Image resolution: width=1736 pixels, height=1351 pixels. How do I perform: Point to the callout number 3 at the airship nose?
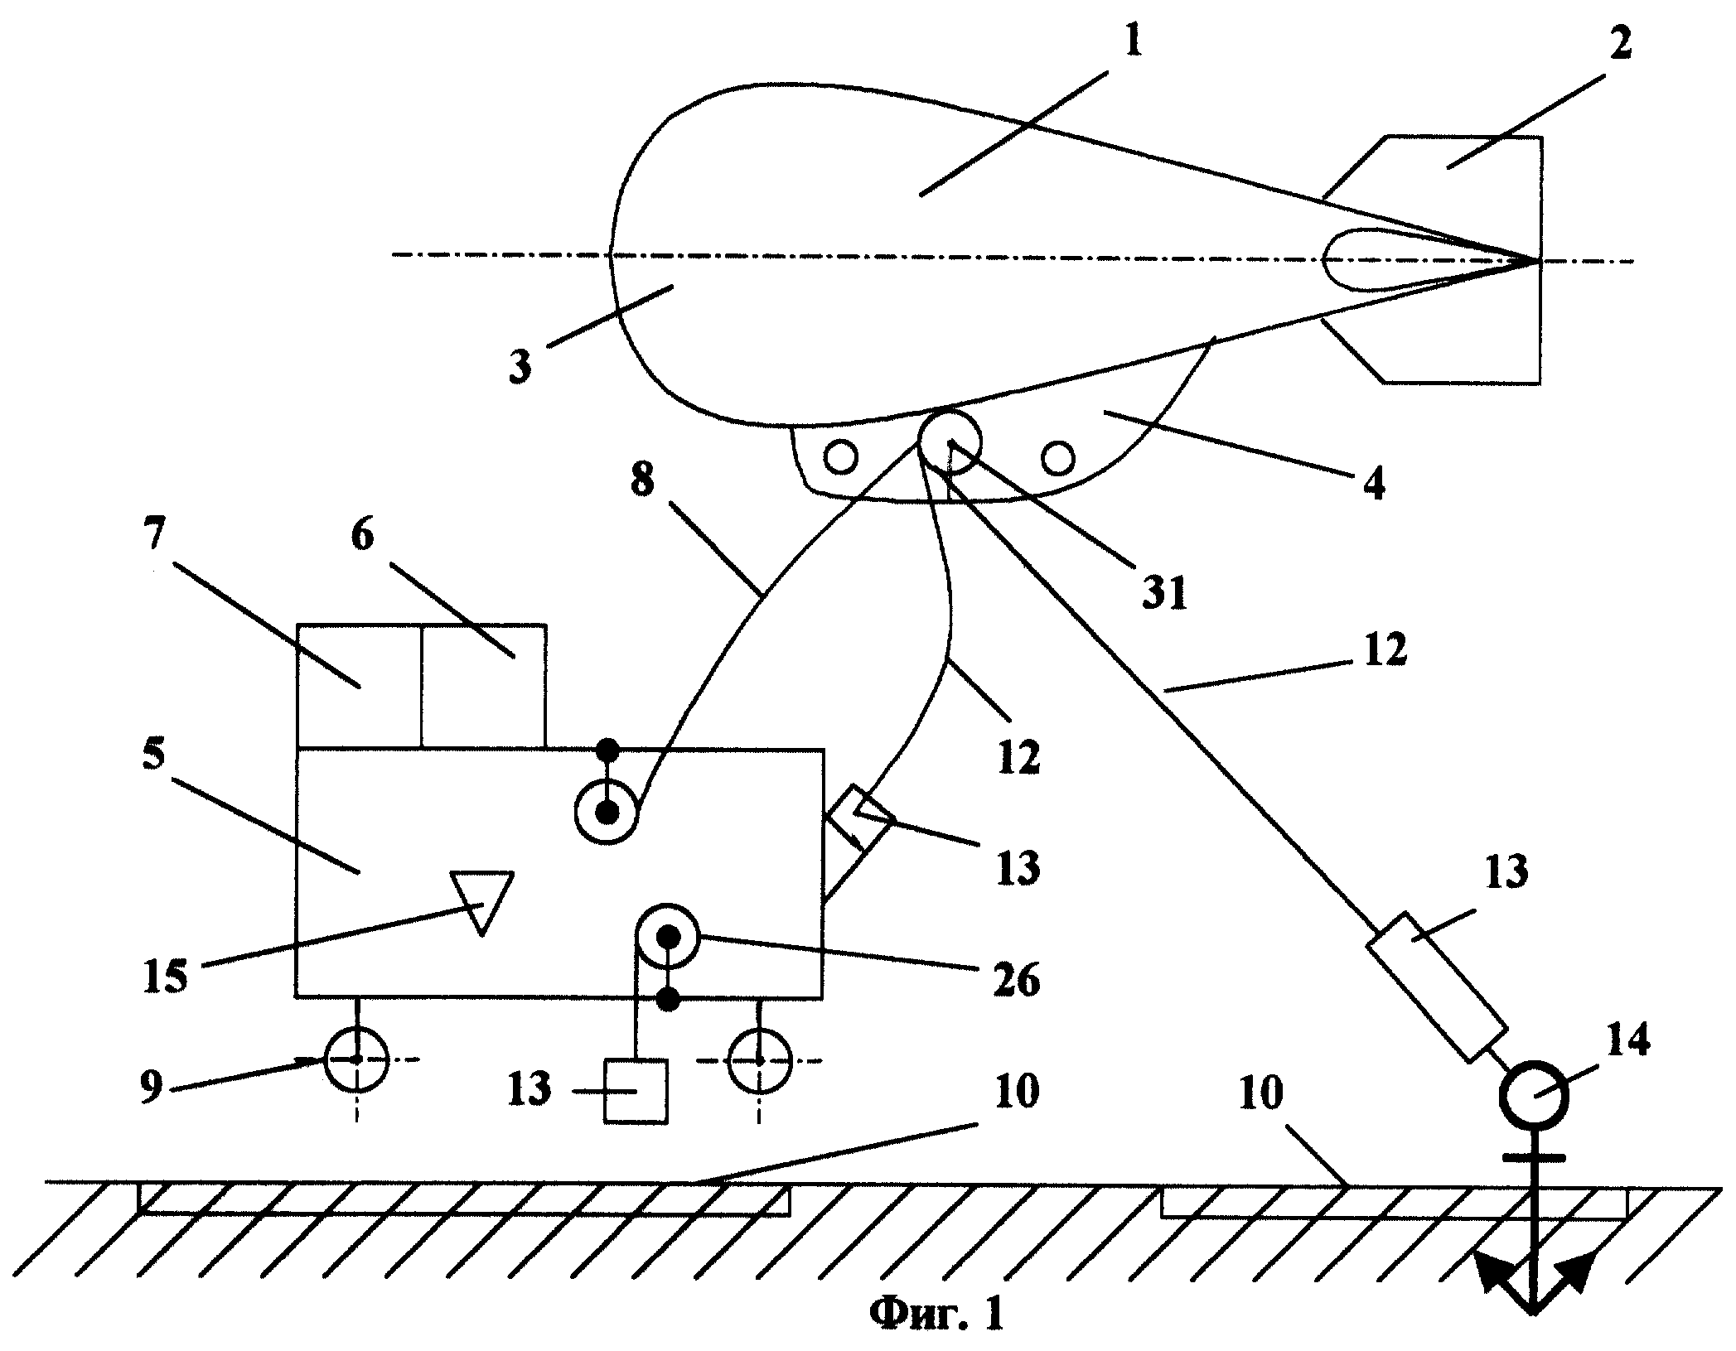click(x=520, y=364)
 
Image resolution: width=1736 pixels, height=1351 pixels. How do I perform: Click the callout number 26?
click(x=1016, y=982)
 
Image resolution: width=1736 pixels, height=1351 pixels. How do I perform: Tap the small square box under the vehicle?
click(x=636, y=1091)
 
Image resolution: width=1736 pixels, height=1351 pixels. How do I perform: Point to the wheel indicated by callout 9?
click(x=355, y=1059)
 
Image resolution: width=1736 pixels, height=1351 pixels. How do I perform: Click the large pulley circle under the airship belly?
click(x=950, y=440)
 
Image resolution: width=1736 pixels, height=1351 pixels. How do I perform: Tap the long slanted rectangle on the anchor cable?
click(x=1435, y=987)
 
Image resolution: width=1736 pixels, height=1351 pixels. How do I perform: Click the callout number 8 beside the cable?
click(x=642, y=479)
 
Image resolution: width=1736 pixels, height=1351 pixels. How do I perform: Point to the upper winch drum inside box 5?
click(x=607, y=813)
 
